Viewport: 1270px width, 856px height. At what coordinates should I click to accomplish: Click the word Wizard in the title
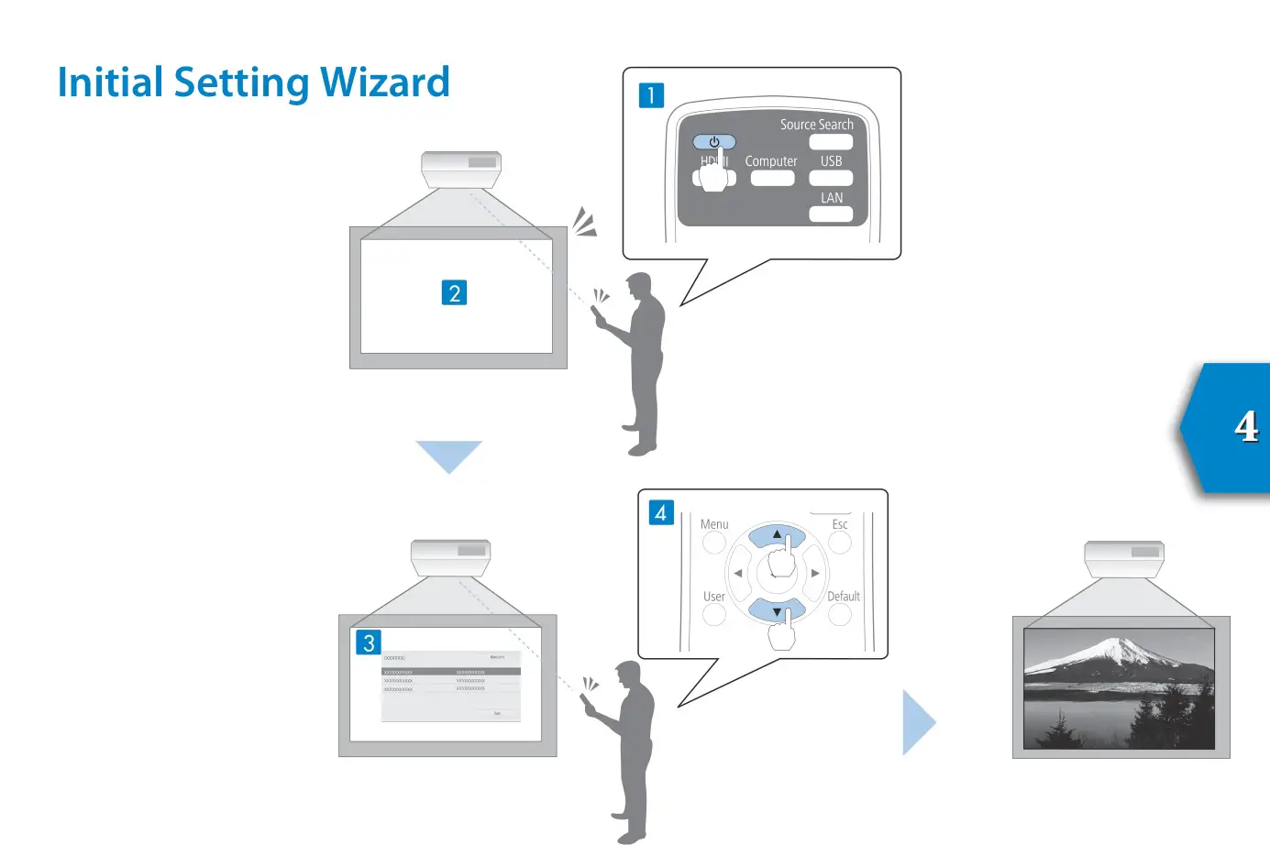[x=384, y=82]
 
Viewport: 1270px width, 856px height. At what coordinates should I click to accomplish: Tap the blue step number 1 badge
[x=651, y=95]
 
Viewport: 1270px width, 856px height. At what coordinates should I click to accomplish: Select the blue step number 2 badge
[x=454, y=292]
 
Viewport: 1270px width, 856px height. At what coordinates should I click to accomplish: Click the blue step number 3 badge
[x=369, y=642]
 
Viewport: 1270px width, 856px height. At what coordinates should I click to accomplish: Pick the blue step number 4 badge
[x=661, y=512]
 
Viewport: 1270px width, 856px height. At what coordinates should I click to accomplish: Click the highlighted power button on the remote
[x=714, y=142]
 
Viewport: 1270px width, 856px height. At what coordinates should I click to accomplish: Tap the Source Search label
[x=816, y=124]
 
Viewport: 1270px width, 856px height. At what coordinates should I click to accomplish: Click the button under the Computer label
[x=772, y=178]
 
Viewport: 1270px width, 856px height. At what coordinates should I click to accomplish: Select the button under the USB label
[x=831, y=178]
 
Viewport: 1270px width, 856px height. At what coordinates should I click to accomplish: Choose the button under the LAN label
[x=831, y=214]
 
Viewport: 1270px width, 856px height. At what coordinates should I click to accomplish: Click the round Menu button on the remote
[x=714, y=543]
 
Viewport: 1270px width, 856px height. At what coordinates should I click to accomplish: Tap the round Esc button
[x=840, y=543]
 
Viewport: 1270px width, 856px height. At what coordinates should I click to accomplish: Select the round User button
[x=714, y=614]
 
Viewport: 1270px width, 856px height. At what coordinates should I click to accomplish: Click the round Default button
[x=840, y=614]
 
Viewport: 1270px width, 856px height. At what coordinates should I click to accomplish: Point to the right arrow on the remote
[x=815, y=574]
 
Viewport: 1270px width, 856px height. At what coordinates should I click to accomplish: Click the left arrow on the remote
[x=738, y=574]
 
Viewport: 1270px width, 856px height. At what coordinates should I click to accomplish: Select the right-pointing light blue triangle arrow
[x=917, y=722]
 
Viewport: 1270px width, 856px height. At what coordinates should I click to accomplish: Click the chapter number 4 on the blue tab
[x=1245, y=426]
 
